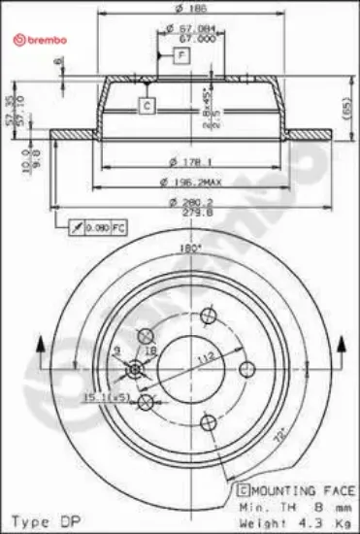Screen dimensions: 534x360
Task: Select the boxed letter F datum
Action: [181, 55]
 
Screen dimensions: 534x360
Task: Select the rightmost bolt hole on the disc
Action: [245, 369]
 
